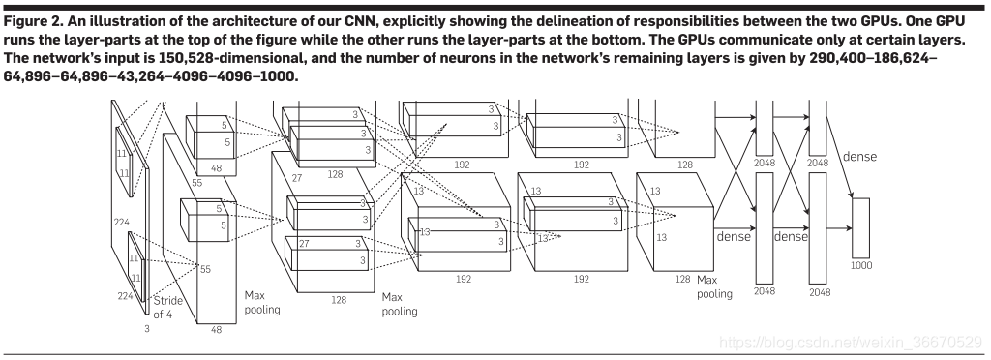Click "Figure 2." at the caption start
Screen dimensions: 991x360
[x=26, y=21]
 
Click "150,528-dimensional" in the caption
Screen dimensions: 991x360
[x=188, y=58]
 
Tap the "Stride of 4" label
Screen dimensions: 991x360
[x=167, y=307]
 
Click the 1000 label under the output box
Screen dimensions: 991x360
[x=860, y=265]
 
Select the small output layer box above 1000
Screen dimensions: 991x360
[x=860, y=227]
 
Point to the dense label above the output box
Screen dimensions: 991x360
[x=859, y=156]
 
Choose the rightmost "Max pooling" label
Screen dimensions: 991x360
[x=714, y=286]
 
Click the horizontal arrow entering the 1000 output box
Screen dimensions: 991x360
[x=839, y=228]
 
